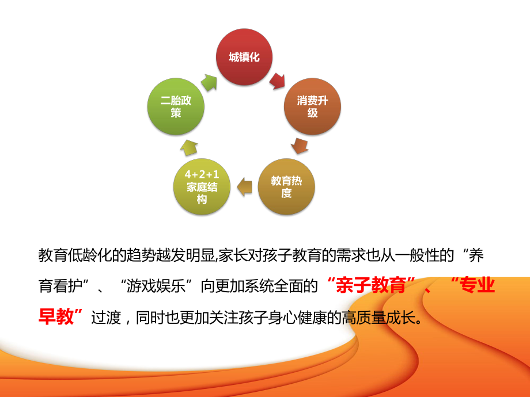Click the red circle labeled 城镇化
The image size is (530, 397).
244,57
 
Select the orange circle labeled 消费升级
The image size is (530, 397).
312,106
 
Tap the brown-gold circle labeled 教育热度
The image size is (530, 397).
286,186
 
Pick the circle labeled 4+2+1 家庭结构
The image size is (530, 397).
202,186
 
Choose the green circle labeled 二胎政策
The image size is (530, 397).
176,106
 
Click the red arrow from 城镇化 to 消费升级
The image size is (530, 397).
278,81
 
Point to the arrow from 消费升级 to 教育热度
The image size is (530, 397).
300,146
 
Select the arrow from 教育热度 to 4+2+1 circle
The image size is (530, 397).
244,186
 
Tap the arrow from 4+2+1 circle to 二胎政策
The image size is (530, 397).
188,147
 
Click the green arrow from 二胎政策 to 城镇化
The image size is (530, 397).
209,83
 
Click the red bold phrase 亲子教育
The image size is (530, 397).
371,285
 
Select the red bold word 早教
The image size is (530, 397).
56,316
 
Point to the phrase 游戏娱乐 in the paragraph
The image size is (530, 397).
156,286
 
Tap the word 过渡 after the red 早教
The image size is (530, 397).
106,318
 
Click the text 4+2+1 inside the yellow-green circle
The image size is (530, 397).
202,174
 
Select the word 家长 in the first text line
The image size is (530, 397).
233,255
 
